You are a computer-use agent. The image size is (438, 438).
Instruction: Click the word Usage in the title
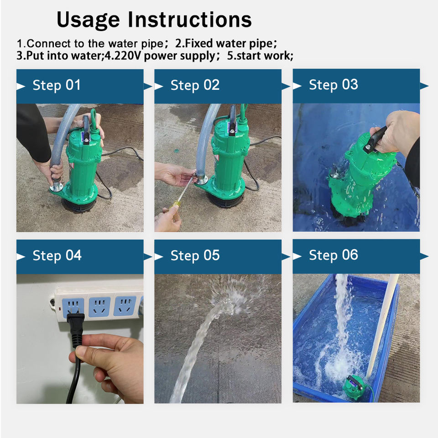click(88, 20)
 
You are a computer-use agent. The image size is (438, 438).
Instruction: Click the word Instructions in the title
click(190, 20)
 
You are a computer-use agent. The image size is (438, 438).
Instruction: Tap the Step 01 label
click(57, 85)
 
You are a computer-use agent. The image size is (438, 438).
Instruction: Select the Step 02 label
click(195, 85)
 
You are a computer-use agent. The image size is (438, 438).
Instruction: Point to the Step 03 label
click(333, 85)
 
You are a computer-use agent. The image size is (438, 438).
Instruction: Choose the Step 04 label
click(57, 255)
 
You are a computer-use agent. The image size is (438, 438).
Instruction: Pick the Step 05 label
click(195, 255)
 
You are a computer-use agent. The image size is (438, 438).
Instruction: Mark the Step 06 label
click(333, 255)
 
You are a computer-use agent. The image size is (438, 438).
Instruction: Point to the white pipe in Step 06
click(382, 326)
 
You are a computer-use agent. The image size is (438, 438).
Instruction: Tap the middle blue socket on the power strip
click(99, 307)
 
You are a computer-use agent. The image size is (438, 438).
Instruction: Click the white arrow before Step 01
click(21, 86)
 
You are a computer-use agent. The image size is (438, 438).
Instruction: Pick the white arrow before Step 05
click(159, 257)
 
